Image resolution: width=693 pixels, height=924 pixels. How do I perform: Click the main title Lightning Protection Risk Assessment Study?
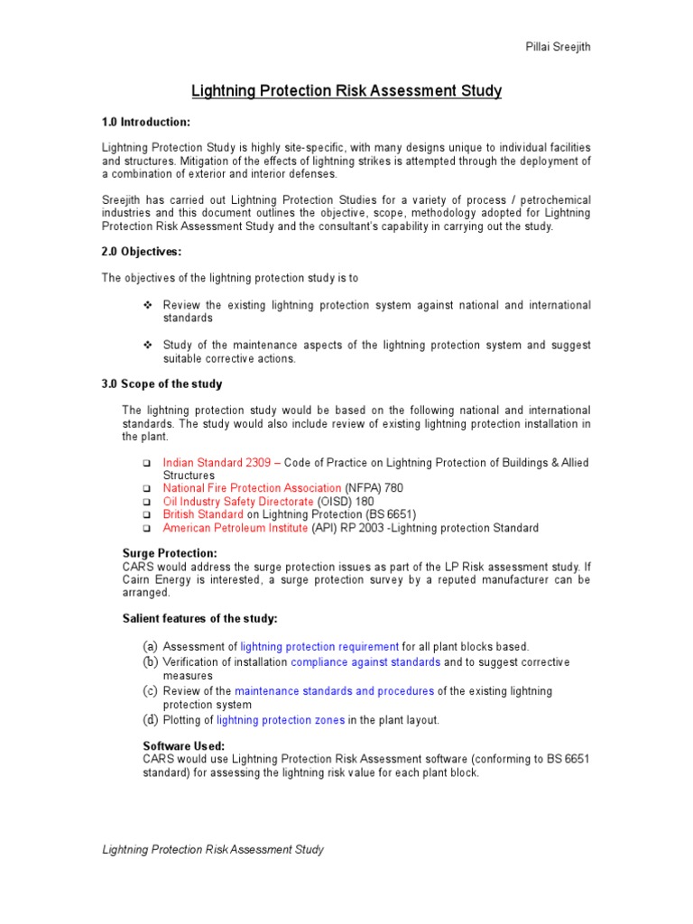coord(346,91)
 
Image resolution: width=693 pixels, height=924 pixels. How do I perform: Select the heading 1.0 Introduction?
coord(145,122)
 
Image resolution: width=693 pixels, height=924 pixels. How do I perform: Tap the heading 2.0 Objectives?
coord(142,252)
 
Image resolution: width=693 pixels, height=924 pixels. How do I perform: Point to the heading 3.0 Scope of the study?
coord(162,384)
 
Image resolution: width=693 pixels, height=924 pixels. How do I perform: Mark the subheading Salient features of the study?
coord(199,618)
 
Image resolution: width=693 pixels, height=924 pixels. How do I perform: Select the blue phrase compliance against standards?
coord(365,662)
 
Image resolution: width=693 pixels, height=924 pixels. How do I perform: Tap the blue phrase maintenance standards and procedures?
coord(334,691)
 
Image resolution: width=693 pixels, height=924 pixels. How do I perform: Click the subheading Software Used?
coord(184,746)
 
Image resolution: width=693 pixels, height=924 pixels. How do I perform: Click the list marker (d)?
coord(150,720)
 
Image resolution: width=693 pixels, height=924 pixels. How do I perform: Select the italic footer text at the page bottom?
coord(212,850)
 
